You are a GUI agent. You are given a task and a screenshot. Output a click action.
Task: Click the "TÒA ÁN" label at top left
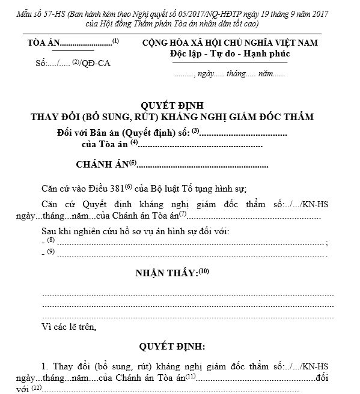(43, 44)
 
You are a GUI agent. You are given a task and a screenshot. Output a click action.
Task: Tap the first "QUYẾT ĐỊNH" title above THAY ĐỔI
(179, 105)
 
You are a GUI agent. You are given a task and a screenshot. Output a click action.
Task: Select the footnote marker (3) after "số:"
(195, 130)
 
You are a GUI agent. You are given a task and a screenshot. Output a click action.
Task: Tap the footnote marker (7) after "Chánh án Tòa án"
(183, 214)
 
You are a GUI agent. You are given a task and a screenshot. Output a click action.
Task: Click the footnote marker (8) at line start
(50, 240)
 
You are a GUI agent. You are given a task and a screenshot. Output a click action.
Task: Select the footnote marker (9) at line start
(50, 252)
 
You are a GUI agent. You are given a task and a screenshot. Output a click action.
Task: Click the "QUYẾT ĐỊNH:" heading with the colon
(172, 347)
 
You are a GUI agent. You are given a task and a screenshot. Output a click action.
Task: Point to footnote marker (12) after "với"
(37, 387)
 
